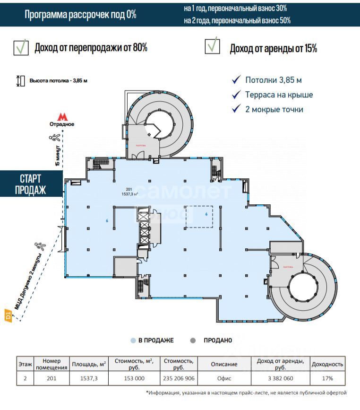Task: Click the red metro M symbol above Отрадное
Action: (62, 116)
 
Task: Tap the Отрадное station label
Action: (62, 124)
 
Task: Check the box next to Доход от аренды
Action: (212, 47)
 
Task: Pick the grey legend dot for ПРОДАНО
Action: (192, 340)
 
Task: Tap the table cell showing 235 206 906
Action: (179, 378)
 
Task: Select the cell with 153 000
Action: (134, 378)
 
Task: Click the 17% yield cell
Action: (327, 378)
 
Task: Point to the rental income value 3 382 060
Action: (280, 378)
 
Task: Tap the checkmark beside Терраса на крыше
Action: (235, 95)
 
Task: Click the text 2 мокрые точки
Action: (274, 109)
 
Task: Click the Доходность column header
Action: (327, 364)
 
